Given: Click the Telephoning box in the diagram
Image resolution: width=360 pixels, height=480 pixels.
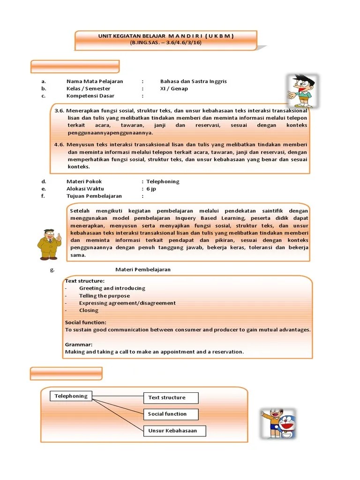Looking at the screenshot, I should [71, 396].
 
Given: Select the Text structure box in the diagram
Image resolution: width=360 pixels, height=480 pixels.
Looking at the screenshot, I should [171, 398].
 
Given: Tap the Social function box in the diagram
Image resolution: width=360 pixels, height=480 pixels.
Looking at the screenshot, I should [171, 414].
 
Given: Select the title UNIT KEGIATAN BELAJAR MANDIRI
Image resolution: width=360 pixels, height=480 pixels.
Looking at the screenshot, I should [166, 36].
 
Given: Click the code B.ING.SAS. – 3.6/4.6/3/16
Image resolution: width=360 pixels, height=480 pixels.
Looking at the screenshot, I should [166, 43].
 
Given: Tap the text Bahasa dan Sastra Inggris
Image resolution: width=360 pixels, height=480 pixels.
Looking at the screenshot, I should [193, 81].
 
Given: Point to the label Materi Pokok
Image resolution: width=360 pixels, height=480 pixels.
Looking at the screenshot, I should [84, 181].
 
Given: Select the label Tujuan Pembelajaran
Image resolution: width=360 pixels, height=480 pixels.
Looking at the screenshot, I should [94, 196].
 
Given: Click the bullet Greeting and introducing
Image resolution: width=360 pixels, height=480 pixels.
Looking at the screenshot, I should [112, 288].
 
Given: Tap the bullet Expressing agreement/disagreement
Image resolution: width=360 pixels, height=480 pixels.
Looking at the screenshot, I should [127, 303].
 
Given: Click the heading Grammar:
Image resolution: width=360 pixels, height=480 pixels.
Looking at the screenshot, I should [78, 345].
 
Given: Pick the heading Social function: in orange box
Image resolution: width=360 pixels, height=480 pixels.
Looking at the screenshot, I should [85, 322].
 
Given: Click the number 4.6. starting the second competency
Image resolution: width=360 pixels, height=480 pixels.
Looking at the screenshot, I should [59, 144].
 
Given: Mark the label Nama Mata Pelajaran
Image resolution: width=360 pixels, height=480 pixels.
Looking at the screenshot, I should [94, 81].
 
